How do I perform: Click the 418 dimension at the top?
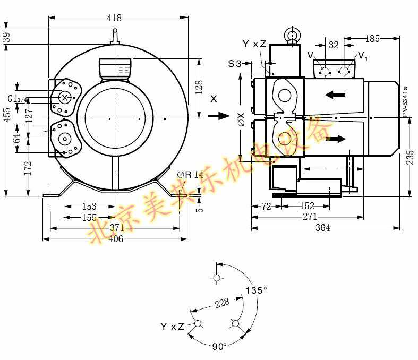pos(115,18)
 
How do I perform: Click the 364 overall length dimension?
pos(322,228)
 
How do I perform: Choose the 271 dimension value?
pos(310,217)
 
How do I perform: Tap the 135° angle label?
pos(256,291)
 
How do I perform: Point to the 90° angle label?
pos(219,346)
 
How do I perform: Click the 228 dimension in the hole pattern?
pos(222,303)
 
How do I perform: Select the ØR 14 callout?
pos(190,175)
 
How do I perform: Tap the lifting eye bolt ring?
pos(291,36)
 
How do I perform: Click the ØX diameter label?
pos(242,120)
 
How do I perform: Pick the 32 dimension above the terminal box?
pos(334,45)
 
